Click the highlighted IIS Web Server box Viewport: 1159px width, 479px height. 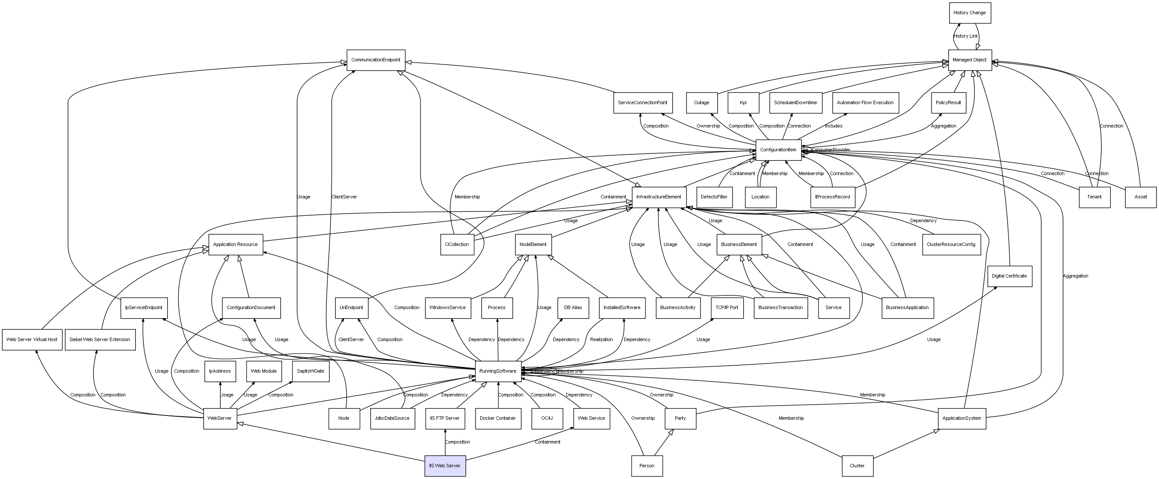[x=445, y=466]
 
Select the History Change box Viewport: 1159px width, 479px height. [x=969, y=13]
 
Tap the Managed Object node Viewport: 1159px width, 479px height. [x=970, y=60]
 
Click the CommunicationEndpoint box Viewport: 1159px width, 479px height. [x=376, y=60]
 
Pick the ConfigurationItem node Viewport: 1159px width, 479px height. [x=778, y=150]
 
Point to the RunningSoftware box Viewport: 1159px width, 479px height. [x=498, y=371]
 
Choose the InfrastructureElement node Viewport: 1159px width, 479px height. [x=659, y=197]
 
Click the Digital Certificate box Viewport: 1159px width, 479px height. [x=1009, y=276]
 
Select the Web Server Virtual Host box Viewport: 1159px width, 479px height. [x=32, y=339]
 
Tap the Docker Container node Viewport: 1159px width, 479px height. [x=498, y=418]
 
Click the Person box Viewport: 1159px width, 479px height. [x=646, y=466]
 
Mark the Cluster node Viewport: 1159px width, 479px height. [x=857, y=466]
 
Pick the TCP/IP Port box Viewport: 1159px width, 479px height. [x=727, y=308]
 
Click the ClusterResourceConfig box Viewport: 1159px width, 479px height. [x=951, y=244]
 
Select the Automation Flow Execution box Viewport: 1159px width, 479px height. [x=865, y=102]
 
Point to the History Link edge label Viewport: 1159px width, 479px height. [x=965, y=36]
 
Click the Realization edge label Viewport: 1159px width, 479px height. [x=601, y=339]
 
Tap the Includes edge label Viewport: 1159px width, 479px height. [x=833, y=126]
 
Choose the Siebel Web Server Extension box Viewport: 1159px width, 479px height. [x=100, y=339]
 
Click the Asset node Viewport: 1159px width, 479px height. [x=1140, y=197]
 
